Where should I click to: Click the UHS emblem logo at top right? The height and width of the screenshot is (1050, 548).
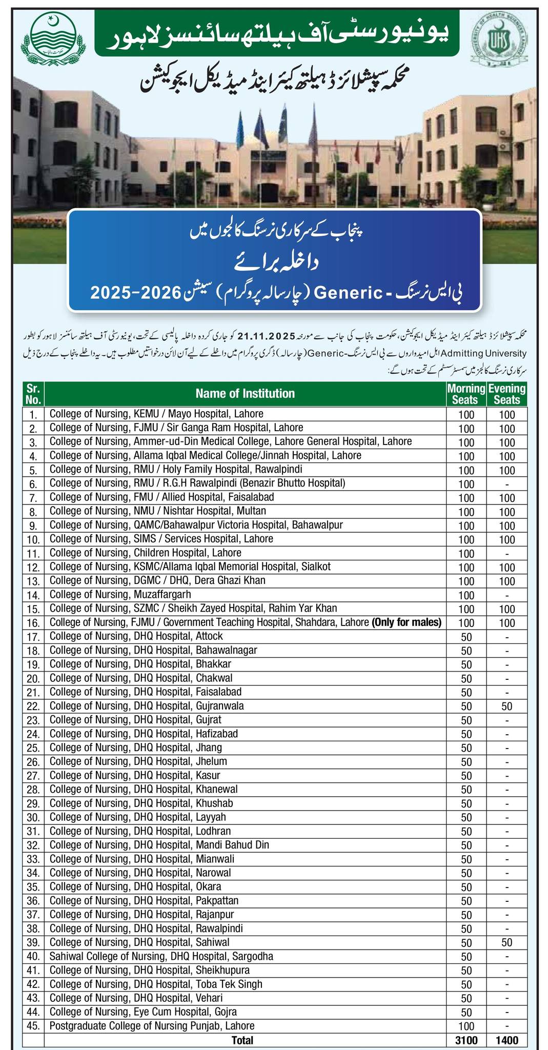(x=502, y=41)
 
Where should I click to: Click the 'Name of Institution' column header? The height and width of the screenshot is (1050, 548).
(x=245, y=393)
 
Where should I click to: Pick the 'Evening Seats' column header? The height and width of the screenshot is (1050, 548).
(x=506, y=393)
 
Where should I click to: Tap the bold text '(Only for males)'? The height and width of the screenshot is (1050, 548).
(x=407, y=622)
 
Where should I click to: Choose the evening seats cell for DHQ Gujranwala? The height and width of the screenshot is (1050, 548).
(x=506, y=706)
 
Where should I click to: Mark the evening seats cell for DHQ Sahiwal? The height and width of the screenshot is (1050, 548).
(x=506, y=942)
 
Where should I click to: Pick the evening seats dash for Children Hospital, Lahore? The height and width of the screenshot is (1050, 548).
(x=506, y=554)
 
